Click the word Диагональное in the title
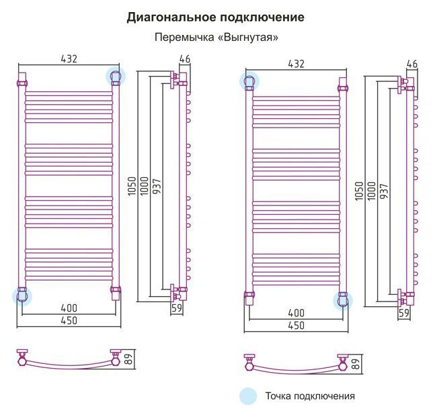[x=171, y=17]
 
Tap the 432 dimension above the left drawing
[x=69, y=58]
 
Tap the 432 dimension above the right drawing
[x=296, y=64]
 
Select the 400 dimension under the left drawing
[x=69, y=308]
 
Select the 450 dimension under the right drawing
[x=296, y=326]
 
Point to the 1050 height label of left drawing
[x=132, y=187]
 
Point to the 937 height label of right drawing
[x=384, y=191]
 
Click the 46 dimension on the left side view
[x=185, y=58]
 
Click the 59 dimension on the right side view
[x=403, y=313]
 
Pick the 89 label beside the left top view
[x=129, y=359]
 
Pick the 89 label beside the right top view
[x=356, y=364]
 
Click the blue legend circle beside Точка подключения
[x=248, y=396]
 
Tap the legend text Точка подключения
[x=310, y=396]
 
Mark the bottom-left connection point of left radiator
[x=22, y=297]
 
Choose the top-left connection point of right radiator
[x=249, y=81]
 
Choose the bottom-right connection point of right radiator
[x=343, y=301]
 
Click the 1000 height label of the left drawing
[x=144, y=187]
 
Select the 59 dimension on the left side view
[x=177, y=308]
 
